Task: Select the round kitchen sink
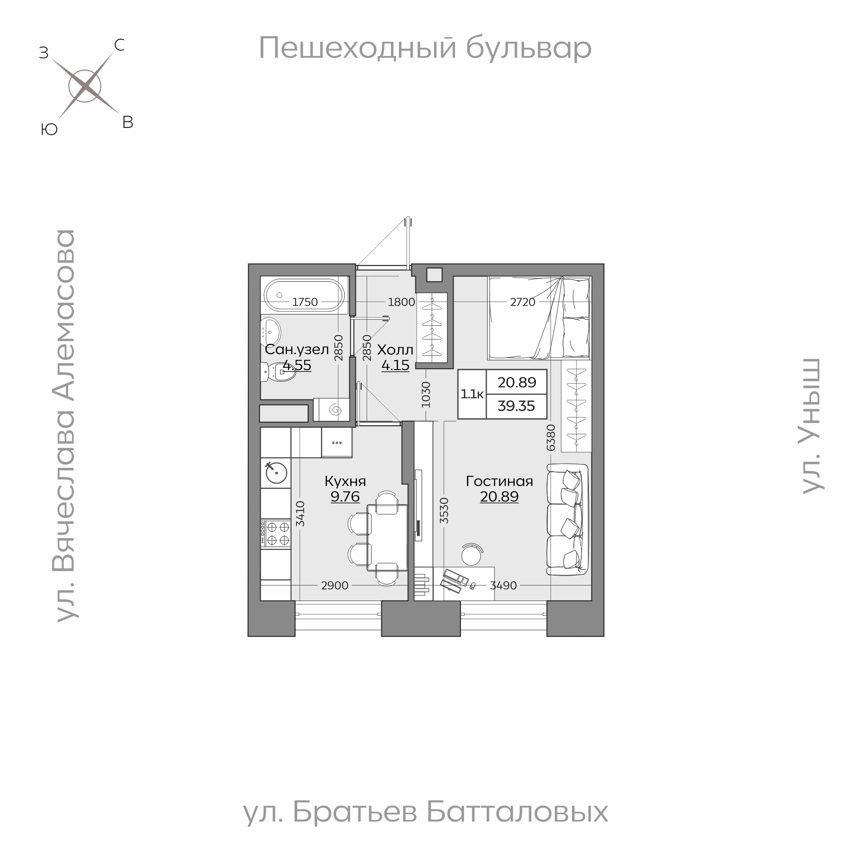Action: [277, 473]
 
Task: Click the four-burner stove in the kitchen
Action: [276, 533]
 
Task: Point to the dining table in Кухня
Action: [388, 538]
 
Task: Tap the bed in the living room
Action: [539, 318]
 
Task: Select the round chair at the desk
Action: [471, 554]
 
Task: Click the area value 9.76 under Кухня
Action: [345, 497]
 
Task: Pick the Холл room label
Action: [395, 350]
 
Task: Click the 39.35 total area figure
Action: [516, 406]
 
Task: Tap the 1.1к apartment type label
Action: [472, 394]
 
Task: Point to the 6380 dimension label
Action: [551, 438]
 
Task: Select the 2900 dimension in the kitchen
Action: [335, 585]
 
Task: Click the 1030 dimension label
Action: [426, 394]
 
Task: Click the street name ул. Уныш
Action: [812, 426]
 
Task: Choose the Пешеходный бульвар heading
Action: [425, 48]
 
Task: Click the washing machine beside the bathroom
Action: [331, 410]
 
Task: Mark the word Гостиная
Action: [499, 481]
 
